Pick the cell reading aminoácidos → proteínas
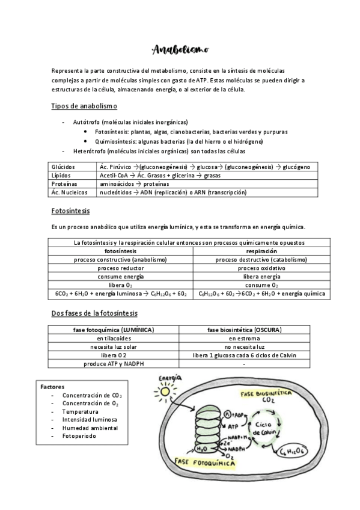click(134, 183)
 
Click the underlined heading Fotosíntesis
click(71, 210)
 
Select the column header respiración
click(261, 251)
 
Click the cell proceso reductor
click(120, 268)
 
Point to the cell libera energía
click(261, 276)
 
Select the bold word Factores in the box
click(53, 386)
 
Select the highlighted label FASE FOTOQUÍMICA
click(204, 463)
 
